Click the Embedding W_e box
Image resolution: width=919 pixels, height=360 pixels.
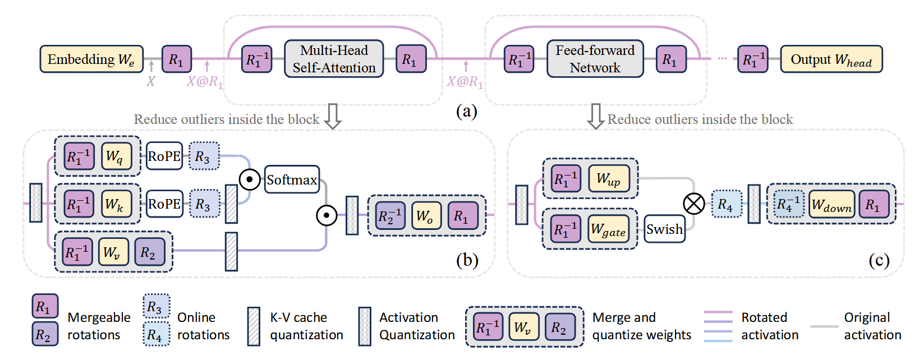(91, 59)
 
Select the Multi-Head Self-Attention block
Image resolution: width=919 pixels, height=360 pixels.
(334, 59)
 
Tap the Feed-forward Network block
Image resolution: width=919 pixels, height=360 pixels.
(595, 59)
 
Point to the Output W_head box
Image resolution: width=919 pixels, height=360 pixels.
(831, 59)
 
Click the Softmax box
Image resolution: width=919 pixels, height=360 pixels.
(292, 179)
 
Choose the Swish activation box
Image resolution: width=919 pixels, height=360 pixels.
(664, 229)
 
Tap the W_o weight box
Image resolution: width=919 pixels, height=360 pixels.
(425, 216)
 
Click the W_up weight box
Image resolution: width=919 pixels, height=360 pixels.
(608, 179)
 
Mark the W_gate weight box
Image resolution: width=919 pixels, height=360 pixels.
(608, 229)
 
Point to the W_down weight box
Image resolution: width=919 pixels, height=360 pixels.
(831, 205)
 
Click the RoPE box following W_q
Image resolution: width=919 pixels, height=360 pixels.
(164, 156)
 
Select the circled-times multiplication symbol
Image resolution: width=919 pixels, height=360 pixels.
(694, 204)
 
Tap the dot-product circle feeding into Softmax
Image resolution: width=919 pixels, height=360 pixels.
(250, 179)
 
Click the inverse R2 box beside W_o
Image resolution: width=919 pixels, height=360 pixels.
(390, 216)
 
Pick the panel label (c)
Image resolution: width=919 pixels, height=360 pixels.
(879, 260)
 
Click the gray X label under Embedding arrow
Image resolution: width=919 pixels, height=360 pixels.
(150, 81)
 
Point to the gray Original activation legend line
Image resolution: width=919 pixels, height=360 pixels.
(824, 326)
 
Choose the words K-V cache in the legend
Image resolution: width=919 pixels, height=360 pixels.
(298, 317)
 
